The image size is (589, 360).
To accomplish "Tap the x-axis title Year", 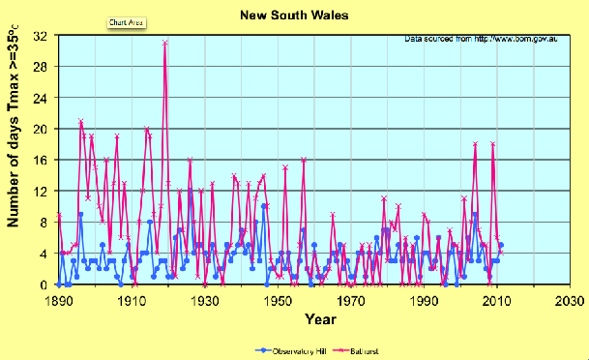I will (320, 318).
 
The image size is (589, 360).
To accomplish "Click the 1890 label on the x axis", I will (60, 301).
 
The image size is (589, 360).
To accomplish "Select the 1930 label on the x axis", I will (205, 301).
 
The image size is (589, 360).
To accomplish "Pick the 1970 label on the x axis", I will (351, 301).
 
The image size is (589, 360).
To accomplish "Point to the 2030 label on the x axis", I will (570, 301).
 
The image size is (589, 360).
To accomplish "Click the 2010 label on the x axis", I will (497, 301).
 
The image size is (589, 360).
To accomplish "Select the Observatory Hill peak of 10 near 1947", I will (264, 206).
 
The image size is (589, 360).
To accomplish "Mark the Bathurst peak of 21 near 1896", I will (80, 121).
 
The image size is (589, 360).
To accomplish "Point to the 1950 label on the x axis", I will (279, 301).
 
